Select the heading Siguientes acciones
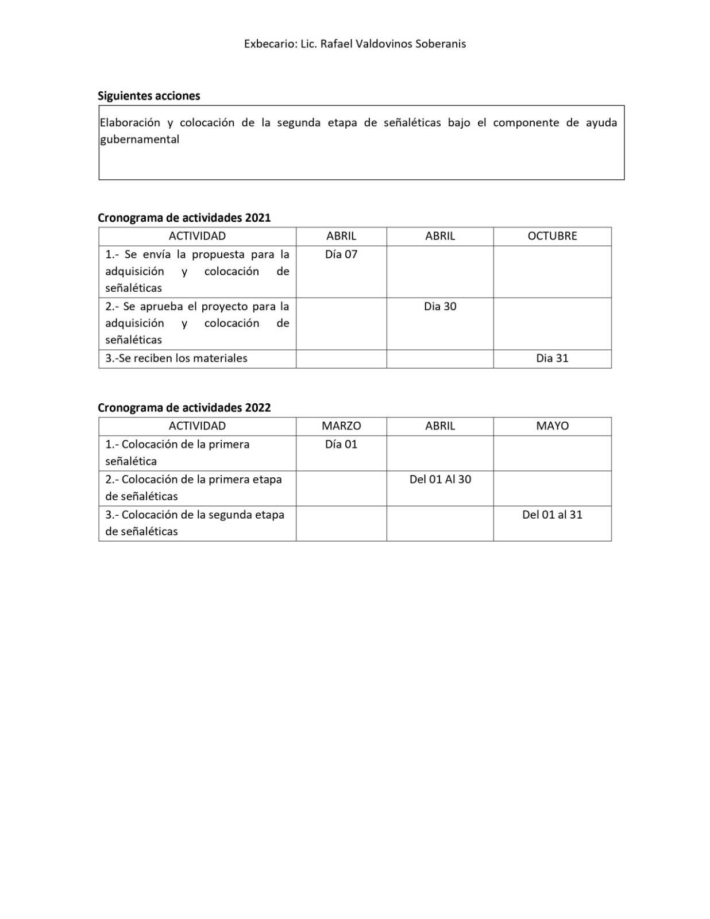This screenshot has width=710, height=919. coord(149,96)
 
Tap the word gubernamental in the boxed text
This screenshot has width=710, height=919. coord(140,139)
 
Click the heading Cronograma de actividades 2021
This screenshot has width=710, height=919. coord(184,218)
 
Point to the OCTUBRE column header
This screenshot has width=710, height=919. coord(552,236)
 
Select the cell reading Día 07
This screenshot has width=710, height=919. coord(341,254)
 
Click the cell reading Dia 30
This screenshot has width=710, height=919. coord(440,306)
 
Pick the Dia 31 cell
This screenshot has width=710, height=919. coord(552,358)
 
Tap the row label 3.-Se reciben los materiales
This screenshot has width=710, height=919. coord(176,358)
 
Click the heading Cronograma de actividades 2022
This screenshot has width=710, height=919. coord(184,408)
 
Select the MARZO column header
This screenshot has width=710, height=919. coord(341,426)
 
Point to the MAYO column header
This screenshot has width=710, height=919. coord(552,426)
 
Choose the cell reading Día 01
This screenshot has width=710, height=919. coord(341,444)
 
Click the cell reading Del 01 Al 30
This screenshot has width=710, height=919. coord(440,479)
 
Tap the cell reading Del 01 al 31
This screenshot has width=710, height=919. coord(552,515)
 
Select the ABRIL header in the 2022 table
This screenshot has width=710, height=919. coord(440,426)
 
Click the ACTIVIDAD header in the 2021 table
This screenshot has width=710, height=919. coord(197,236)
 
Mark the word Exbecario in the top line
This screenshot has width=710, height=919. coord(268,44)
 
